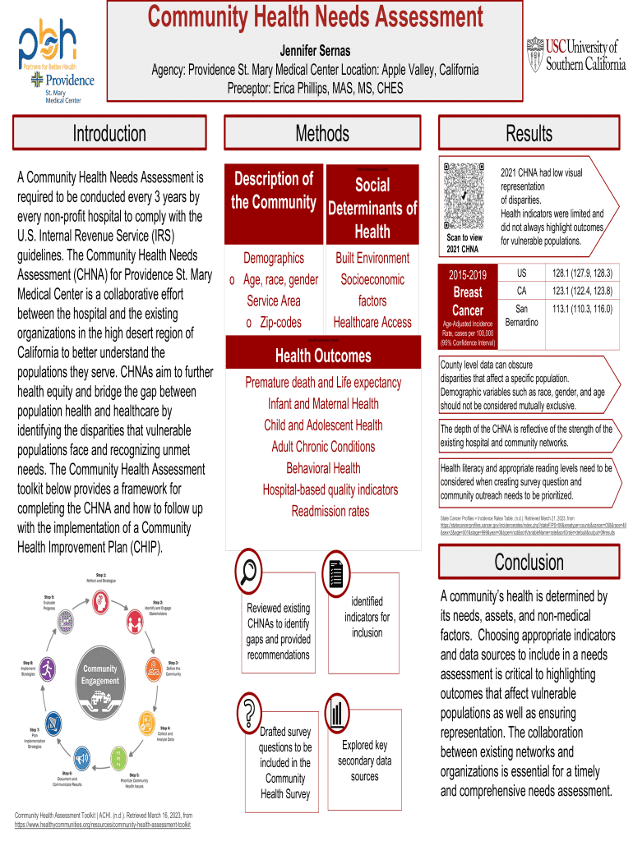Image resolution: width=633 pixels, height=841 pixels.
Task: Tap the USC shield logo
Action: [x=535, y=52]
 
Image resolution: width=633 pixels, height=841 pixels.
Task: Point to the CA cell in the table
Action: [x=521, y=291]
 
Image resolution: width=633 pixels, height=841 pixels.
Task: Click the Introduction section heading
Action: [x=109, y=134]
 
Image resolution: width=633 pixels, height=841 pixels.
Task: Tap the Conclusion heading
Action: [x=529, y=562]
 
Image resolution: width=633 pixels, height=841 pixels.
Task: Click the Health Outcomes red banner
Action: [x=323, y=356]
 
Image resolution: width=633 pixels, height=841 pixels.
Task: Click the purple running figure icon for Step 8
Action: [x=49, y=668]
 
